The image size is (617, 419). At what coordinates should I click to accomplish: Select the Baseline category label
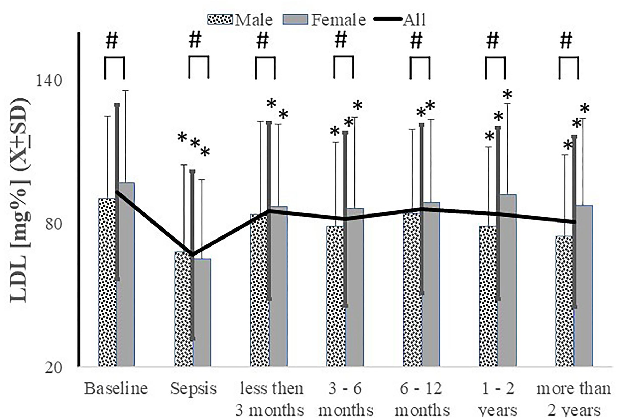pos(116,388)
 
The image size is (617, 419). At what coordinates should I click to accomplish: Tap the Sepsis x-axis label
pos(193,388)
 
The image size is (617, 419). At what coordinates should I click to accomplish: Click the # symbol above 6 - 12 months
pos(416,41)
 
